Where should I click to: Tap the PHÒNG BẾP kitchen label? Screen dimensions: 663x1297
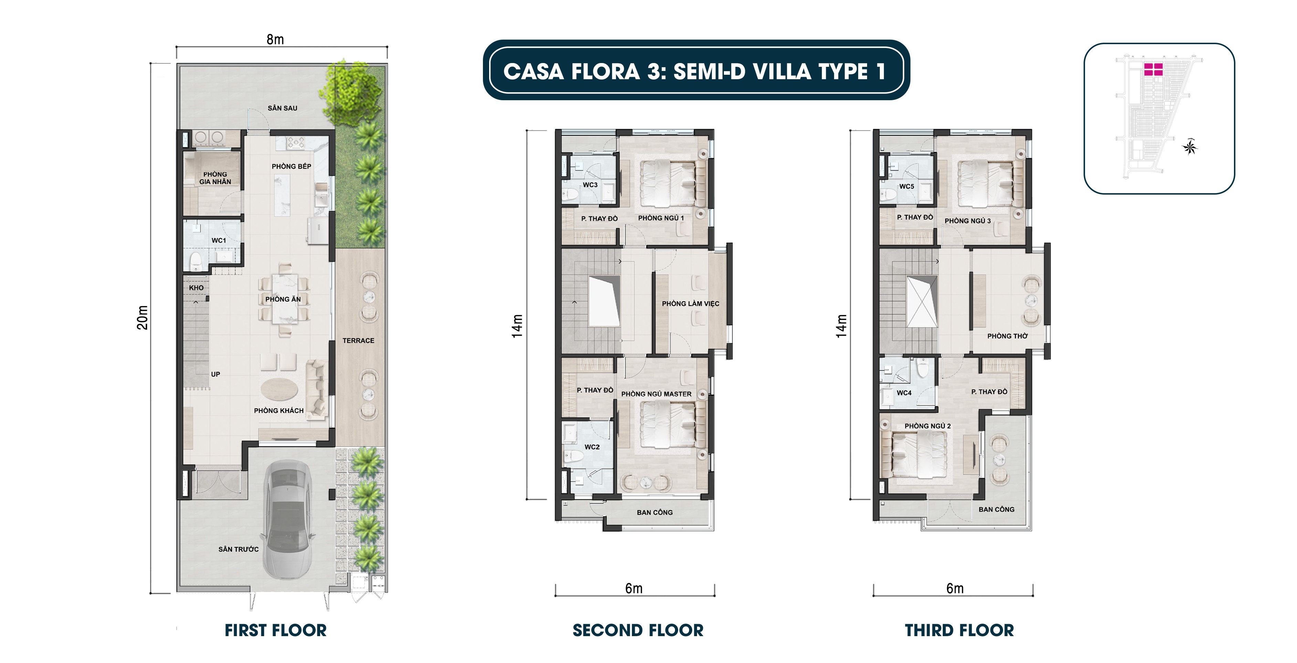point(291,166)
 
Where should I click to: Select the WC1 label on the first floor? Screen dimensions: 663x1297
point(219,240)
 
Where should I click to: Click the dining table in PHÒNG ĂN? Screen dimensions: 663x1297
point(284,299)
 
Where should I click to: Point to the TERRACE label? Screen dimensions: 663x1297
point(358,341)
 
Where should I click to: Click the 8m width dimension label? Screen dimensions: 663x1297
point(275,39)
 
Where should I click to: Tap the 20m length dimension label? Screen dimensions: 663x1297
point(143,318)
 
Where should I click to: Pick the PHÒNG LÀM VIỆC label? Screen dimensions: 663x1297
point(690,303)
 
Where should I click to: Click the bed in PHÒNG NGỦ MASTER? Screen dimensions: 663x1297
point(667,423)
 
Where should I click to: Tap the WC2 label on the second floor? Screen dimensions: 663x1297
point(592,447)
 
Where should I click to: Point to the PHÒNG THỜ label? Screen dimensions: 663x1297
point(1007,336)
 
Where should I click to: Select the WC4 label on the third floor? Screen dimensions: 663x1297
point(904,392)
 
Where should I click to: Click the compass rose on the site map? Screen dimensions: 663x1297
point(1190,147)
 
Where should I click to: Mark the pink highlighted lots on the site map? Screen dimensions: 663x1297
point(1153,69)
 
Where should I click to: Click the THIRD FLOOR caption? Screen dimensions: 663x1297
point(959,630)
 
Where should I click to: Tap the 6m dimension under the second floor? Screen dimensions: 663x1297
point(634,589)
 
